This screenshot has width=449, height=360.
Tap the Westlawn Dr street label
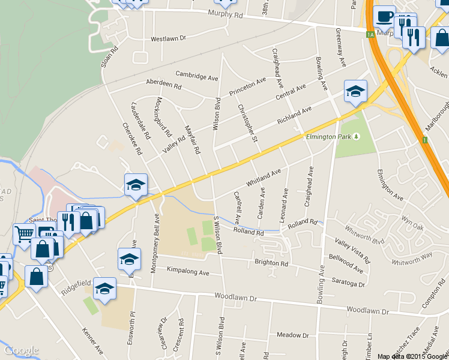click(x=169, y=39)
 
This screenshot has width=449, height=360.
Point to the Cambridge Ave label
click(x=196, y=76)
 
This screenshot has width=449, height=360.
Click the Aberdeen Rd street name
click(x=163, y=85)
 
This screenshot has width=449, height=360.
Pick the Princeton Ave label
click(x=247, y=88)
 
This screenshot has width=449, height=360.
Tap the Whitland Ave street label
click(x=263, y=176)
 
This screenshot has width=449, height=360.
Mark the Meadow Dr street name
click(x=292, y=335)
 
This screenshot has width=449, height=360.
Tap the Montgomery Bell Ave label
click(x=154, y=235)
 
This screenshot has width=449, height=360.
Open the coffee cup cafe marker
click(x=384, y=17)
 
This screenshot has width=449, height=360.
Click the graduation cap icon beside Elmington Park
click(x=355, y=92)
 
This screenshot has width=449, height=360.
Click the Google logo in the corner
click(x=21, y=350)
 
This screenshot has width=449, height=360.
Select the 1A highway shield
click(x=370, y=35)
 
